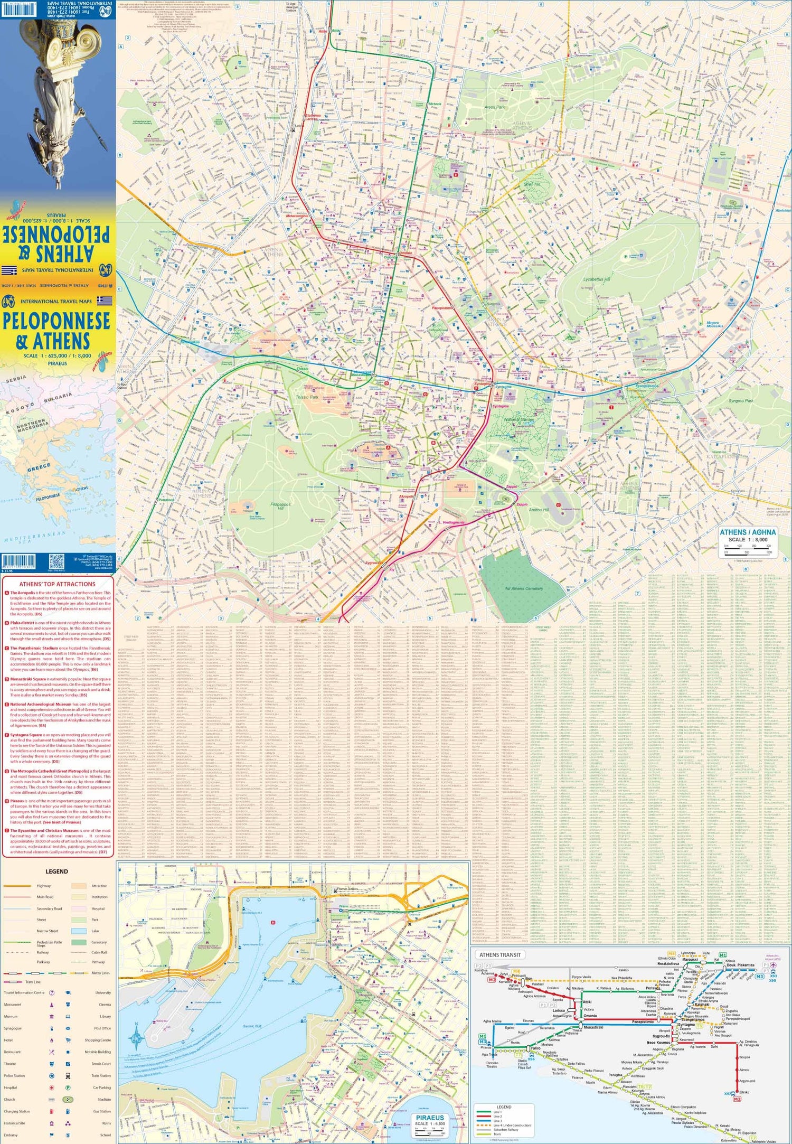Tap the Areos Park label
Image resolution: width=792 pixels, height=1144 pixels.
495,107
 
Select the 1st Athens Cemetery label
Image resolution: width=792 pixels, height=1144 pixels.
524,588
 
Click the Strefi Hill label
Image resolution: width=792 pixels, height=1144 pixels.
532,184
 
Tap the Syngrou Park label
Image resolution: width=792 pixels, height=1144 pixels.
741,400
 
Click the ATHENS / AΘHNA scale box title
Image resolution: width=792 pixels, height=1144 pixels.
748,532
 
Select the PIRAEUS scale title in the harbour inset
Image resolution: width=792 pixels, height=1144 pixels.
430,1118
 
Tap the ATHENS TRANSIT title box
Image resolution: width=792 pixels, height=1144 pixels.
499,955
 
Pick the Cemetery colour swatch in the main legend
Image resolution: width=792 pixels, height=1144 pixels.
79,942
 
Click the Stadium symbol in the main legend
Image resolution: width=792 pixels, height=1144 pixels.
68,1100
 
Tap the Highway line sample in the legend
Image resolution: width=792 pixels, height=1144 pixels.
17,886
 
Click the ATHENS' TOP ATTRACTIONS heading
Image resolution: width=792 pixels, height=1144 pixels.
57,584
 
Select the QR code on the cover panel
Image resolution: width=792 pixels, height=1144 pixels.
56,561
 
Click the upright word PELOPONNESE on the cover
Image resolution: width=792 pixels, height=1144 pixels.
56,321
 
